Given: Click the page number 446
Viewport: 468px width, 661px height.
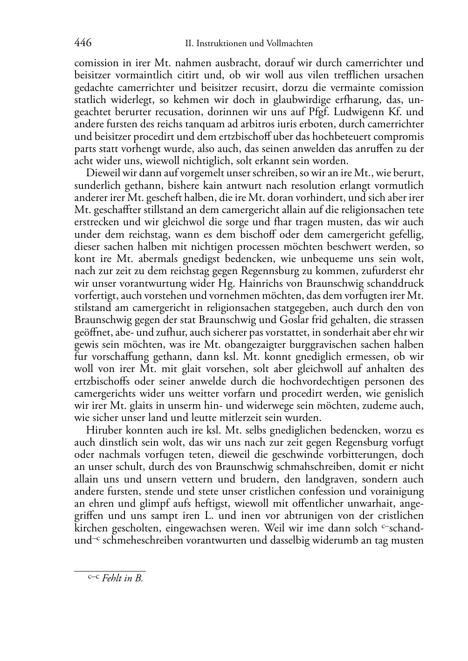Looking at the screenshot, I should (x=83, y=43).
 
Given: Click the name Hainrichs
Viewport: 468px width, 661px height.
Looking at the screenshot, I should (x=259, y=283).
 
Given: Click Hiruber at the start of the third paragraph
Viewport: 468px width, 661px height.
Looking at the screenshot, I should (x=102, y=430).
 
